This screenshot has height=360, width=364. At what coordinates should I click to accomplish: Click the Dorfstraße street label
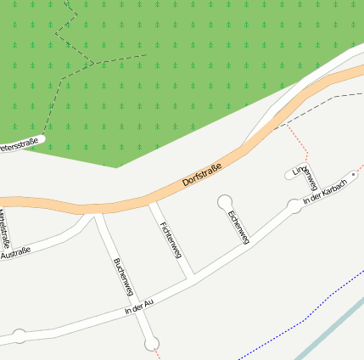point(202,176)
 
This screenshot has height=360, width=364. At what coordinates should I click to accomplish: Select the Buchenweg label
point(123,277)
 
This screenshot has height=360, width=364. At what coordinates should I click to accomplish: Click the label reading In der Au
point(138,307)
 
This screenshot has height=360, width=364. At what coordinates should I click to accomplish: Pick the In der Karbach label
point(325,191)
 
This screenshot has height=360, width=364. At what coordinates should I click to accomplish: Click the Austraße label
point(15,251)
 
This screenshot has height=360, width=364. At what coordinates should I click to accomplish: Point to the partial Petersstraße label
point(19,147)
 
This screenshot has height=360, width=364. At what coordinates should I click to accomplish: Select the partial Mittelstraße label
point(3,223)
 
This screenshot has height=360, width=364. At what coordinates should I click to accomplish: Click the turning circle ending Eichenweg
point(225,201)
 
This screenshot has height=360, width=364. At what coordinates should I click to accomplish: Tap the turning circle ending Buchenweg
point(152,343)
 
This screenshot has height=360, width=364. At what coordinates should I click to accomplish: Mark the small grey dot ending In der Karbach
point(354,174)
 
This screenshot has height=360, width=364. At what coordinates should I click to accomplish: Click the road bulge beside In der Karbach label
point(294,205)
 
